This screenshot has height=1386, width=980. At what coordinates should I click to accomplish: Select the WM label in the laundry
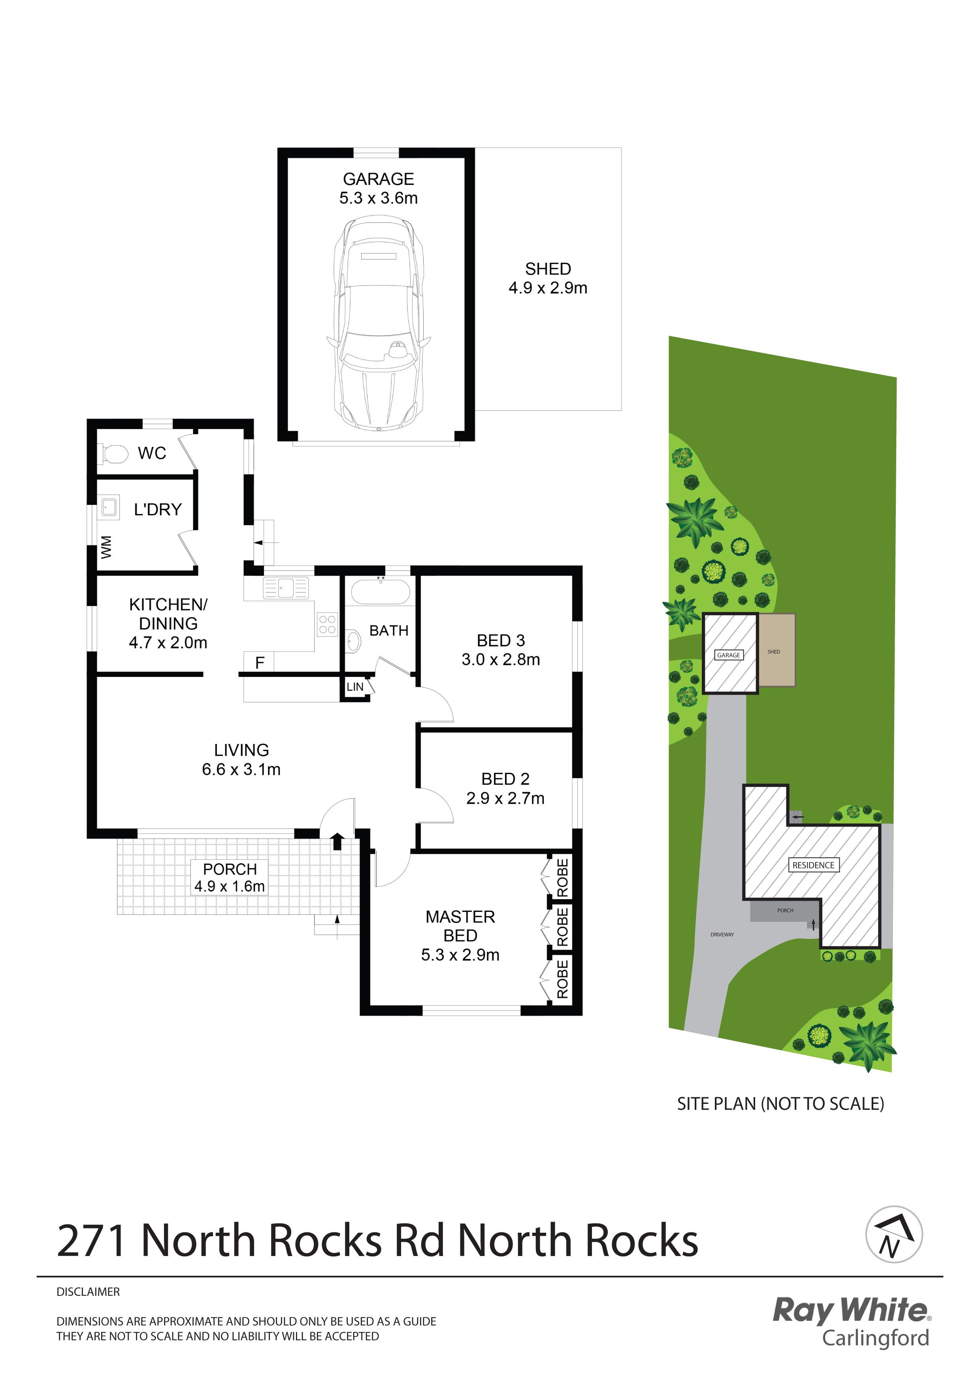pos(106,547)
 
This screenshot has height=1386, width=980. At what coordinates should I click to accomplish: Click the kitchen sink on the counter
pos(286,588)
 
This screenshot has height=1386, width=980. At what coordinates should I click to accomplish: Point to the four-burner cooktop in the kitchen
pos(327,625)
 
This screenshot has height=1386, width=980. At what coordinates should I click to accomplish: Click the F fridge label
pos(260,663)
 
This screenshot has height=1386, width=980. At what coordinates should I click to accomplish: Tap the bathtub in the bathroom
pos(381,591)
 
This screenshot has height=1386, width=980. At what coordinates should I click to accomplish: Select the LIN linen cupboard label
pos(355,687)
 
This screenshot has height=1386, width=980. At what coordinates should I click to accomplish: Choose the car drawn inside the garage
pos(379,324)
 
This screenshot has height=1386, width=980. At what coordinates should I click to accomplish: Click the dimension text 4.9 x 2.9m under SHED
pos(548,288)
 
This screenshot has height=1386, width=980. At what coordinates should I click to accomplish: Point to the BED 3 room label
pos(501,640)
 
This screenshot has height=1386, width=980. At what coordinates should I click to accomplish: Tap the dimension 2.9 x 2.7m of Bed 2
pos(505,798)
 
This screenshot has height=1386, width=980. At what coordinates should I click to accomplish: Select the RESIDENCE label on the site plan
pos(813,865)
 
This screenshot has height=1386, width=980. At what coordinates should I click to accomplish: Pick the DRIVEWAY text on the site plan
pos(722,934)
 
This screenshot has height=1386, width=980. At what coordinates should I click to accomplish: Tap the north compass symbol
pos(893,1235)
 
